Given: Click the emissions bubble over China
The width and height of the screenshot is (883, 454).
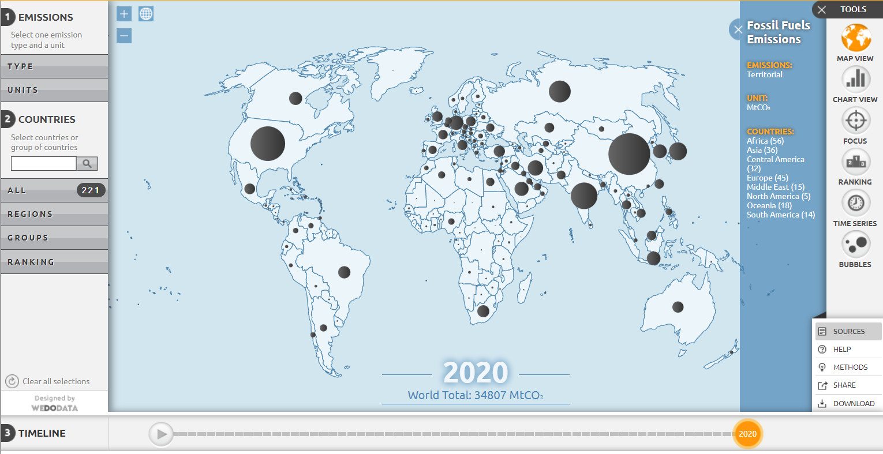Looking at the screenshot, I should click(x=629, y=154).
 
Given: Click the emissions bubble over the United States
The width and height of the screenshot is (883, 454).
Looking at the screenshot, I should click(x=268, y=144).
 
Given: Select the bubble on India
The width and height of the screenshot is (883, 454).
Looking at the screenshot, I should click(x=584, y=196).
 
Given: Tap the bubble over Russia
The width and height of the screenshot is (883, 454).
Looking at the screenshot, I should click(x=559, y=91).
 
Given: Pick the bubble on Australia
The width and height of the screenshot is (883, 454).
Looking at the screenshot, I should click(x=678, y=307).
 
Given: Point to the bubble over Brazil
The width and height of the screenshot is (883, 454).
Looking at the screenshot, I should click(x=345, y=272).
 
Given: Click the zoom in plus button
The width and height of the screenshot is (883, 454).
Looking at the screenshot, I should click(x=124, y=14).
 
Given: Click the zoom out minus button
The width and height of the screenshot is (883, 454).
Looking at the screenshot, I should click(x=124, y=36).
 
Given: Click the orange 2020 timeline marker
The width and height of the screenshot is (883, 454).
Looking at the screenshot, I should click(x=747, y=434).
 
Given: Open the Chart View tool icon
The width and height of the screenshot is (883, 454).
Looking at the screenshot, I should click(x=855, y=80).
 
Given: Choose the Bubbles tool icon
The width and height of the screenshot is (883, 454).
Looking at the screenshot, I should click(x=855, y=245).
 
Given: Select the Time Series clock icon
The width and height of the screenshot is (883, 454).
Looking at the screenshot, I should click(x=855, y=204).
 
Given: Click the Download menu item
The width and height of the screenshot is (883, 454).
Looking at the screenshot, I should click(x=853, y=403).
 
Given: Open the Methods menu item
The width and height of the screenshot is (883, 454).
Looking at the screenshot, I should click(x=850, y=367).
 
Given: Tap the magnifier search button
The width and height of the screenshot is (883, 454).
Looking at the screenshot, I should click(x=87, y=164).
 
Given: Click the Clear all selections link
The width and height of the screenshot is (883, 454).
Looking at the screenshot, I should click(x=55, y=381).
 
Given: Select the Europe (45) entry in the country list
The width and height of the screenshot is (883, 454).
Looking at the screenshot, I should click(x=767, y=178).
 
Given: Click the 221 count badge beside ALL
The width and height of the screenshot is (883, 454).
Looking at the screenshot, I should click(x=91, y=190).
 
